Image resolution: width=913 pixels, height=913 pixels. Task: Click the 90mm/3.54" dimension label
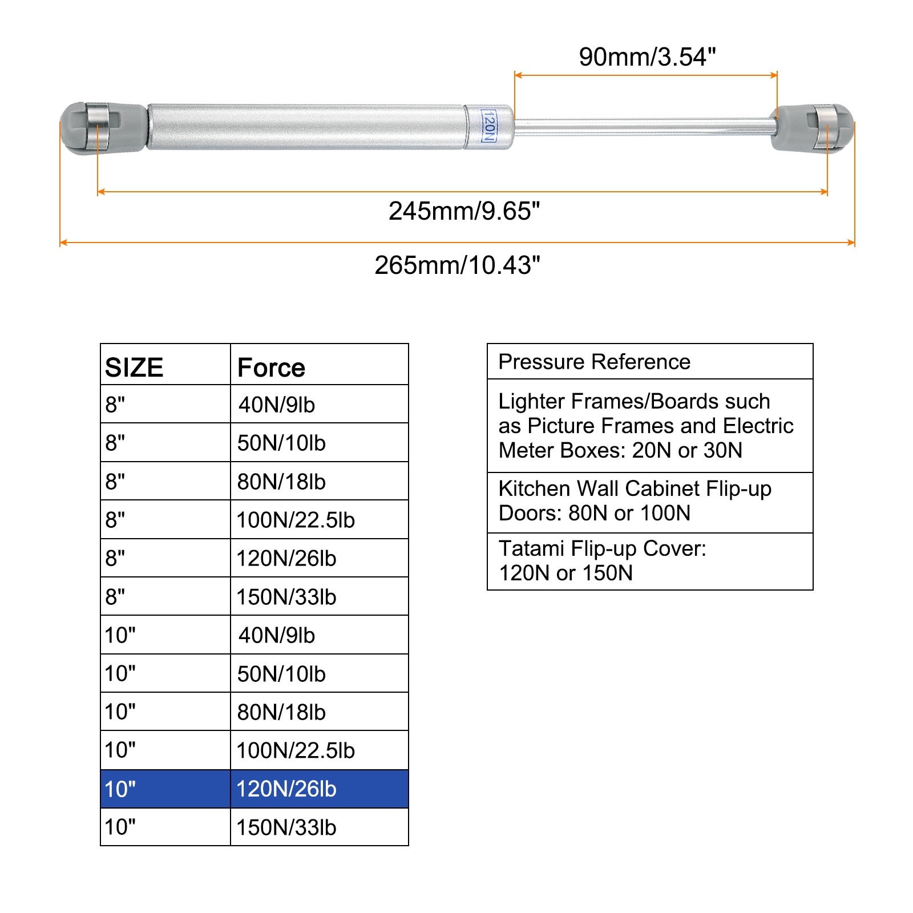tap(647, 57)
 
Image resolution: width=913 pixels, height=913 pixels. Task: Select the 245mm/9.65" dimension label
tap(464, 211)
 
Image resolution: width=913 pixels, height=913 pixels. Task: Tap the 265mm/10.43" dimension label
tap(457, 265)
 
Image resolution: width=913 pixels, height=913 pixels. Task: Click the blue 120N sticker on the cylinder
tap(488, 127)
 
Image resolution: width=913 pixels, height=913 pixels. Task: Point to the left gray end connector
tap(103, 128)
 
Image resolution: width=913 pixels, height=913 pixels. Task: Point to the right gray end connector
tap(813, 128)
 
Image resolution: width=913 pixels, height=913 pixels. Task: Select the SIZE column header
tap(134, 367)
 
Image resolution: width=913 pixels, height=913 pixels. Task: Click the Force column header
tap(271, 367)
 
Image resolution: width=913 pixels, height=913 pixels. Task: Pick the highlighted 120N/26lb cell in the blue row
tap(286, 789)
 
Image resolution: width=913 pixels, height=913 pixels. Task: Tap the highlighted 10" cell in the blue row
tap(120, 789)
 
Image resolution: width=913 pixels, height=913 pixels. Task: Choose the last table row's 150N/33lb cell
tap(286, 827)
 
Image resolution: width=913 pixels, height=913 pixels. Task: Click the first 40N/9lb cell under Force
tap(277, 405)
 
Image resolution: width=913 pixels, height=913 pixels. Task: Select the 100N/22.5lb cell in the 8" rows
tap(296, 520)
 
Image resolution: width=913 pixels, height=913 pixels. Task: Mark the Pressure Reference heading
tap(594, 362)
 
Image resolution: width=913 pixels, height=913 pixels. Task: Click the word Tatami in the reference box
tap(531, 548)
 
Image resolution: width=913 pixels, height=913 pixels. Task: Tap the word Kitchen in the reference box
tap(534, 488)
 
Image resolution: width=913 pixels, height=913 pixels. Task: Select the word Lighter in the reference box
tap(531, 401)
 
